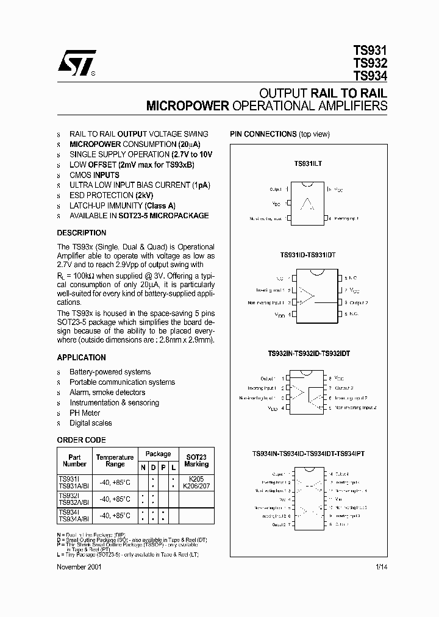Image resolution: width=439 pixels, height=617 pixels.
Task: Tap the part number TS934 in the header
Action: pos(369,76)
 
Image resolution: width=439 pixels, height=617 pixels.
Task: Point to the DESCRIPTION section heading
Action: pos(81,233)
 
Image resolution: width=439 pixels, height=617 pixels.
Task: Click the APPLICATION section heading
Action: pos(81,358)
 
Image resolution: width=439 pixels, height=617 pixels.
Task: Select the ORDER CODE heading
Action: pos(81,440)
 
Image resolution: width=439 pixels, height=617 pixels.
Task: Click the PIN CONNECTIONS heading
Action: pos(263,134)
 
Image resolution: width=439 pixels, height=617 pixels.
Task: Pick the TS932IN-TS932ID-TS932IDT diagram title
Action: pos(309,354)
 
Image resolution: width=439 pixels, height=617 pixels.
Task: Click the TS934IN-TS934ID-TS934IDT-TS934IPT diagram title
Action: pos(309,454)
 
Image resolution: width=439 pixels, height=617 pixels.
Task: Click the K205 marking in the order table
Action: pos(196,480)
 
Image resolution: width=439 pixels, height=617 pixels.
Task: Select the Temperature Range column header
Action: pos(115,461)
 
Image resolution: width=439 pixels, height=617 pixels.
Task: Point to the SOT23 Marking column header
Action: pos(196,461)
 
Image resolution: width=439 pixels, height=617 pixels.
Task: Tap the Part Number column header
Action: pos(74,461)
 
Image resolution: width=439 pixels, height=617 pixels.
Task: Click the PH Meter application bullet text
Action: pos(85,413)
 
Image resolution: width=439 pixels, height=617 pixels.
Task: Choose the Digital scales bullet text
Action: pos(91,423)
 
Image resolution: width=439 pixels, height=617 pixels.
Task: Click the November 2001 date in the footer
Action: pos(79,566)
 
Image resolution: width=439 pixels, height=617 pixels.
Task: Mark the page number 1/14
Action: pos(381,566)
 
